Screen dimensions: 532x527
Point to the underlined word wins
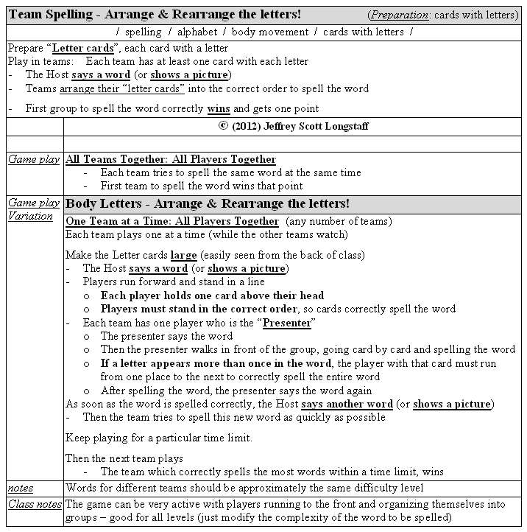pyautogui.click(x=218, y=108)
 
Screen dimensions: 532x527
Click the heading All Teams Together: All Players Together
pyautogui.click(x=171, y=159)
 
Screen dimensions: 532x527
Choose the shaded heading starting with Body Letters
pyautogui.click(x=208, y=203)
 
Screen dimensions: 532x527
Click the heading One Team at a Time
pyautogui.click(x=172, y=221)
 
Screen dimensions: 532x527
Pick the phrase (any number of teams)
pyautogui.click(x=339, y=221)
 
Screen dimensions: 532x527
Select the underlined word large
pyautogui.click(x=183, y=255)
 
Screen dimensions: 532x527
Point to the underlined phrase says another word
pyautogui.click(x=347, y=404)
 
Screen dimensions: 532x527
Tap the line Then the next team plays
pyautogui.click(x=124, y=458)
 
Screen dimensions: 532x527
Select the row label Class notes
pyautogui.click(x=33, y=504)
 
